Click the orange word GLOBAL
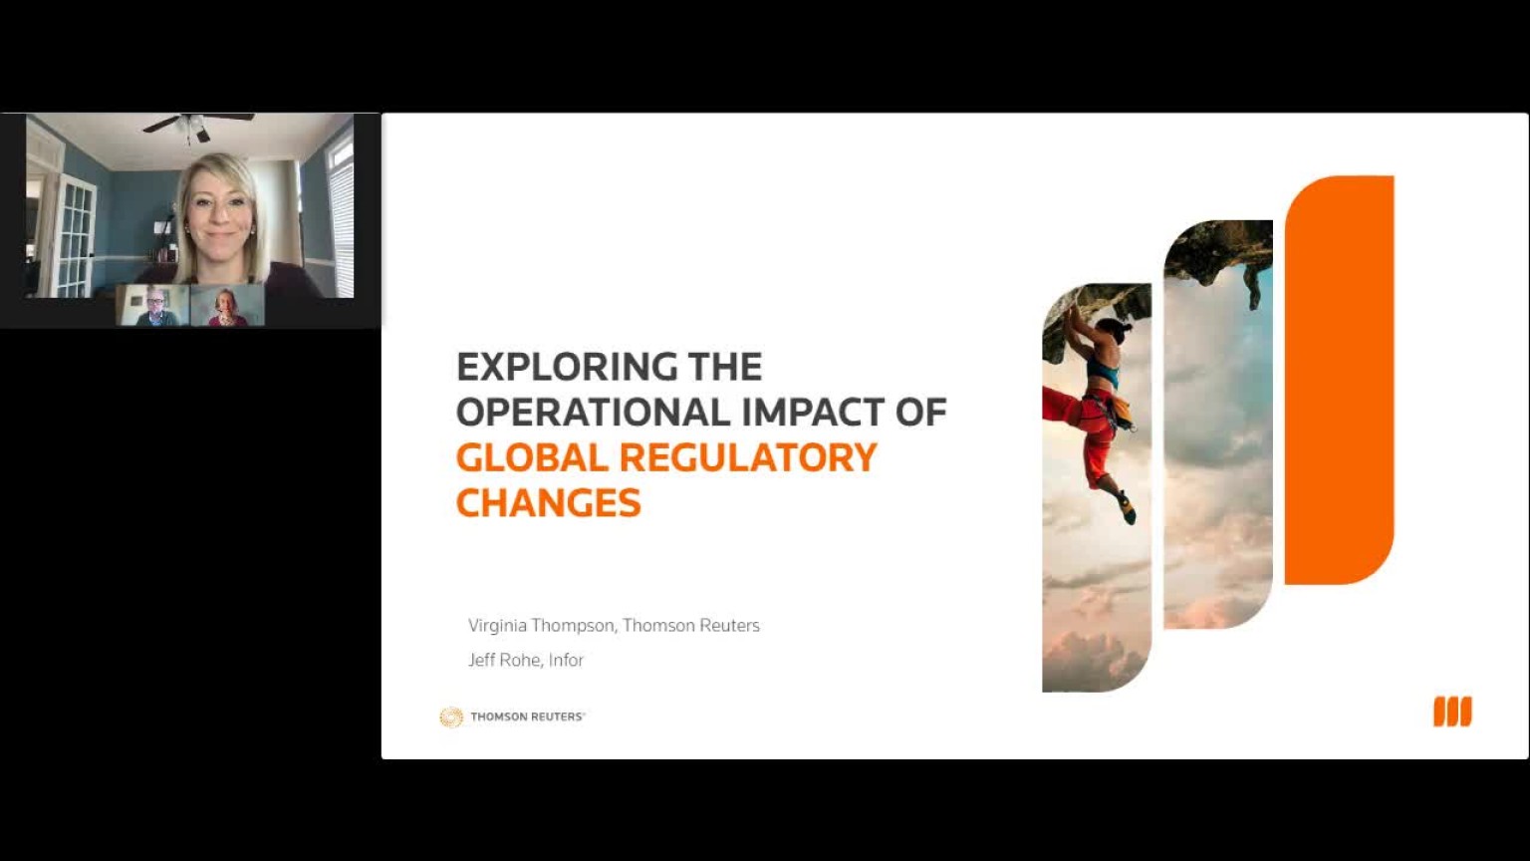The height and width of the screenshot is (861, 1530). point(531,457)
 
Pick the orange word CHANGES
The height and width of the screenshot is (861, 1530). point(548,502)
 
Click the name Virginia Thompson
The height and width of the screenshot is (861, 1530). point(541,625)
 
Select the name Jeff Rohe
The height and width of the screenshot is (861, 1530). point(504,660)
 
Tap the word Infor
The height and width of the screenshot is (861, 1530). point(566,660)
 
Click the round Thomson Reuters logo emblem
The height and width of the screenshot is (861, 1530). point(451,717)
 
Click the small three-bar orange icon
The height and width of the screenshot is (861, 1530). point(1451,712)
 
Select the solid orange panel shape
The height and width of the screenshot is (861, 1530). point(1339,379)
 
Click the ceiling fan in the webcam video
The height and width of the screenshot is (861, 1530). point(194,124)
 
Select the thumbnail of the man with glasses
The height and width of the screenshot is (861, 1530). point(154,305)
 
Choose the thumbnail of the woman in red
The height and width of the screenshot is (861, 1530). point(227,305)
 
